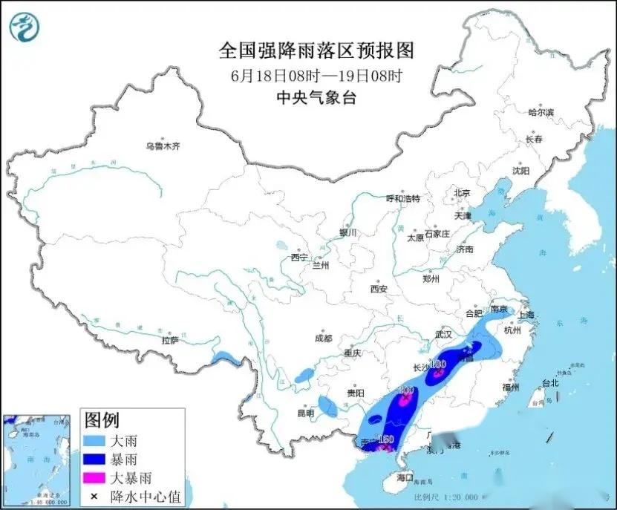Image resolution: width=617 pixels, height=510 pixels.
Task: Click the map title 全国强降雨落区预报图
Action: pyautogui.click(x=316, y=50)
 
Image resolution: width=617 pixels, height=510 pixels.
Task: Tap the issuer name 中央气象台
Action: pyautogui.click(x=316, y=97)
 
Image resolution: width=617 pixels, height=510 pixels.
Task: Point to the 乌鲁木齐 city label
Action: pyautogui.click(x=163, y=146)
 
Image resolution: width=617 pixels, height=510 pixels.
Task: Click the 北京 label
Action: pyautogui.click(x=462, y=193)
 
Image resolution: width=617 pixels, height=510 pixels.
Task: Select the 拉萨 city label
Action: pyautogui.click(x=170, y=340)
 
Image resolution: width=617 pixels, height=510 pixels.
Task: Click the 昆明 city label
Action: pyautogui.click(x=306, y=412)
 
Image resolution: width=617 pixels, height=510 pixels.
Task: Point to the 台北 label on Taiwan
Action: pyautogui.click(x=549, y=384)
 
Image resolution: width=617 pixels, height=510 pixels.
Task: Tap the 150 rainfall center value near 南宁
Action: pyautogui.click(x=385, y=440)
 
